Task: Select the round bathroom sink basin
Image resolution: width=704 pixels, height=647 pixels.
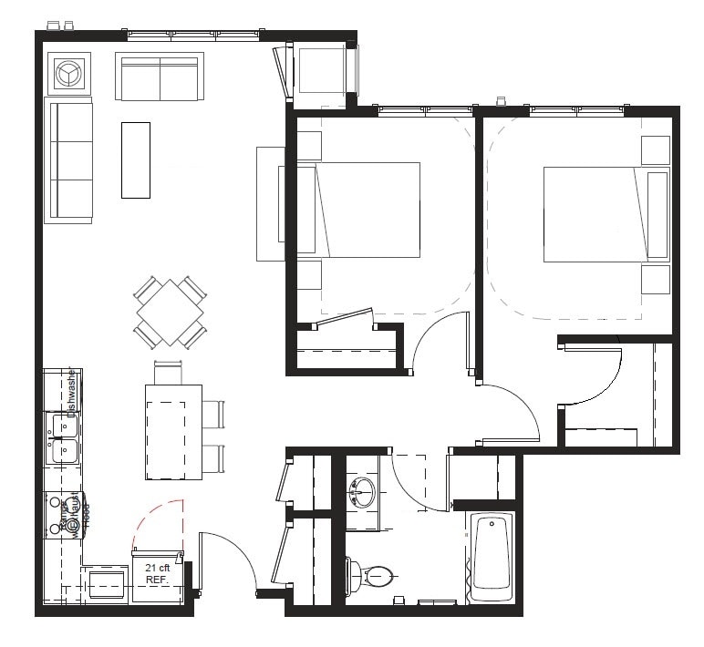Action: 363,492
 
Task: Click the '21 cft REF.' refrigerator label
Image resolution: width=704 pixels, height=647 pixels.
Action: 158,574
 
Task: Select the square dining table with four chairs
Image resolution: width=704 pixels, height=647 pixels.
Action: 170,312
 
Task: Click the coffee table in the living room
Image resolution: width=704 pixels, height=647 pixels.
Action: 135,159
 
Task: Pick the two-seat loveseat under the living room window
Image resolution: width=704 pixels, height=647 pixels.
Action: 159,78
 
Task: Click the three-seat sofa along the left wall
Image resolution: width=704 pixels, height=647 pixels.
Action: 70,161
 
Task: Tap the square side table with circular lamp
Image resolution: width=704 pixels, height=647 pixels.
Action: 69,74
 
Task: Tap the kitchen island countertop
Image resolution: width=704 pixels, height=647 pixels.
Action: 173,431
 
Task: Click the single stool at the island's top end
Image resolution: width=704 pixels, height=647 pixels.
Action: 169,372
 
